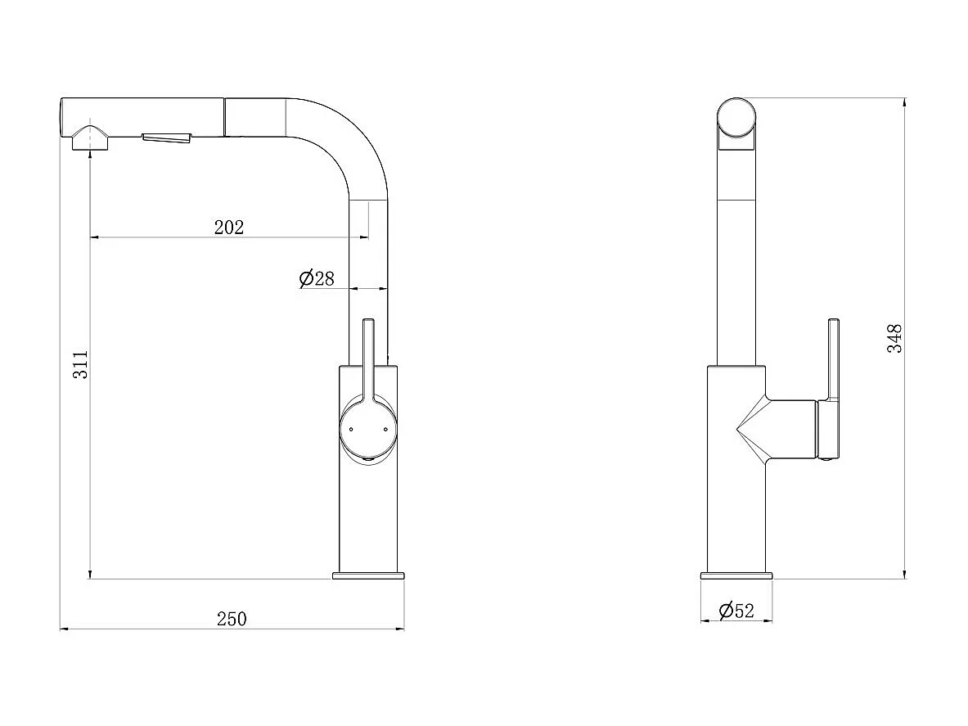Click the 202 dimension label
[x=229, y=228]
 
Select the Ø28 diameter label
[x=317, y=278]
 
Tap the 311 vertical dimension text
[x=80, y=365]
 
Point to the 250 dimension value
[x=232, y=619]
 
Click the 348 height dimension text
[x=895, y=338]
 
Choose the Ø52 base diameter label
[x=736, y=611]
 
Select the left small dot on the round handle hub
[x=350, y=428]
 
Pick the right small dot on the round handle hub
[x=384, y=428]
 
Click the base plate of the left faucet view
[x=368, y=575]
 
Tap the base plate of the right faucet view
[x=736, y=575]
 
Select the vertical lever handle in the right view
[x=833, y=360]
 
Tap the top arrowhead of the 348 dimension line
[x=904, y=102]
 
